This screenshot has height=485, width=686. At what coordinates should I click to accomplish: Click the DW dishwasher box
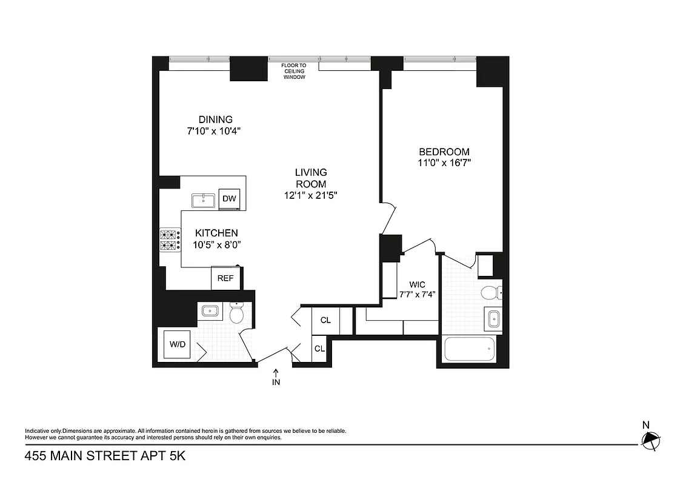[229, 198]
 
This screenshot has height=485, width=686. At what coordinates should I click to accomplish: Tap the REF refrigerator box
[226, 278]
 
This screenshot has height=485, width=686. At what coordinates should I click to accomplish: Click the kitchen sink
[203, 200]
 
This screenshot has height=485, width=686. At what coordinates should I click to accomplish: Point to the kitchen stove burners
[170, 240]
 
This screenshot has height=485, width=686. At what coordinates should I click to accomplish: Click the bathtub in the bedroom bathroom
[470, 349]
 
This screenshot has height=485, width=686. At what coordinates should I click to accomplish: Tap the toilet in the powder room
[237, 313]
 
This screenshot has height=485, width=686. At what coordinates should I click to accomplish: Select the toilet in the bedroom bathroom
[490, 293]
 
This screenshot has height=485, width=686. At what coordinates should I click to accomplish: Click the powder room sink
[210, 311]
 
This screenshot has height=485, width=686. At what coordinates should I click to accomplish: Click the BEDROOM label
[444, 152]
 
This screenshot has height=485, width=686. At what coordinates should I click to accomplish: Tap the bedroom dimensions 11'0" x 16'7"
[444, 162]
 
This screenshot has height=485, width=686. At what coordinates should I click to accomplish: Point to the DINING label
[215, 119]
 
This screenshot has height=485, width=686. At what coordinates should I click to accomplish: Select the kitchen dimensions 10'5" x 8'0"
[216, 245]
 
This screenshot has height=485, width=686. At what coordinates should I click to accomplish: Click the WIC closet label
[417, 284]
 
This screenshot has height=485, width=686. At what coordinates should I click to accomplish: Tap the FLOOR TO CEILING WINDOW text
[293, 71]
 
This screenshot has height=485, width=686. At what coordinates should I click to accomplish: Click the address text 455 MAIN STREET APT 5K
[105, 455]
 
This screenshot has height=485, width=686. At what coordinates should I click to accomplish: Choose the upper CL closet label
[325, 320]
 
